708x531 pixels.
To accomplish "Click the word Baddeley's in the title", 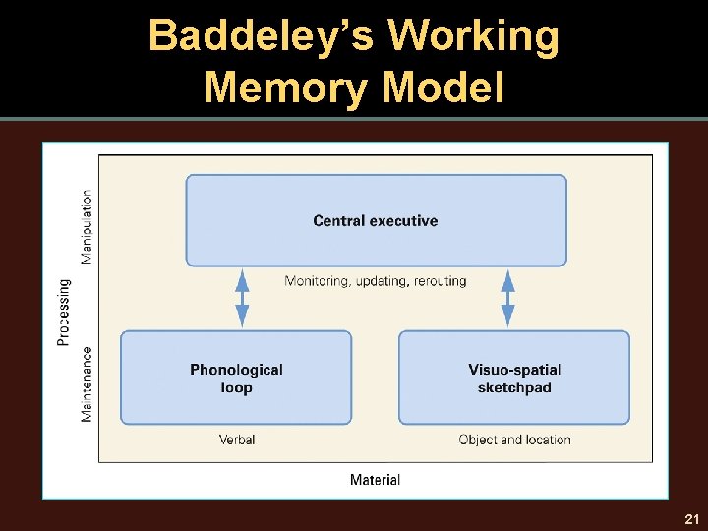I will coord(261,36).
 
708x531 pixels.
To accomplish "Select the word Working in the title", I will coord(473,36).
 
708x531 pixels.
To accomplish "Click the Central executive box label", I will coord(376,221).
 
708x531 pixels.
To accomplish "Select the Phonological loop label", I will coord(236,379).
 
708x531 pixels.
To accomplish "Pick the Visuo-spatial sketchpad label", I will coord(514,379).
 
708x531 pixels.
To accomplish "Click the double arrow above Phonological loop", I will coord(242,298).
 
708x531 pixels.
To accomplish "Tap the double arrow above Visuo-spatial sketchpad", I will coord(508,298).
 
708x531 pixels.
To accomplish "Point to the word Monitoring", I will coord(317,281).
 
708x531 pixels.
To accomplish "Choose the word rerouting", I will coord(441,281).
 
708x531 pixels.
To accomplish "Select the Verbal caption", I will coord(237,440).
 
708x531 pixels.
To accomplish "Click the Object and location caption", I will coord(514,440).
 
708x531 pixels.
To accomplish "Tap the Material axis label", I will coord(376,480).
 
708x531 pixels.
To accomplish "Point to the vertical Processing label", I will coord(64,313).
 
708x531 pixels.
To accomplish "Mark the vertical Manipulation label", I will coord(88,227).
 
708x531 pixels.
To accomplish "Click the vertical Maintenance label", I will coord(88,383).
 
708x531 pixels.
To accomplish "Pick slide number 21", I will coord(691,518).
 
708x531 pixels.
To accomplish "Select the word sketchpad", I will coord(514,387).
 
